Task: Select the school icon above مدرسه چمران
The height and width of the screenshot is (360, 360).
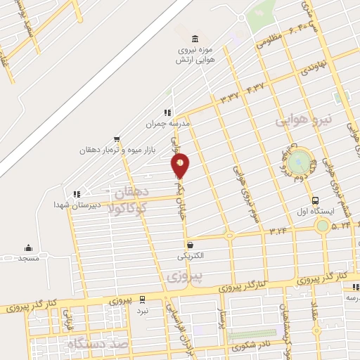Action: coord(167,112)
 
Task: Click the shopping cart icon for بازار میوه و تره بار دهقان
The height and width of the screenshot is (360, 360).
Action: coord(116,139)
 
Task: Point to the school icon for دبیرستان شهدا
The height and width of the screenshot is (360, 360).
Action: coord(77,193)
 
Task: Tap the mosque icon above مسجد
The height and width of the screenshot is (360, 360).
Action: coord(28,247)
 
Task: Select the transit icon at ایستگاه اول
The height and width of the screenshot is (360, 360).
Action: coord(316,200)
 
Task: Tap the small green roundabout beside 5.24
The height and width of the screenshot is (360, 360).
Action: coord(322,226)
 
